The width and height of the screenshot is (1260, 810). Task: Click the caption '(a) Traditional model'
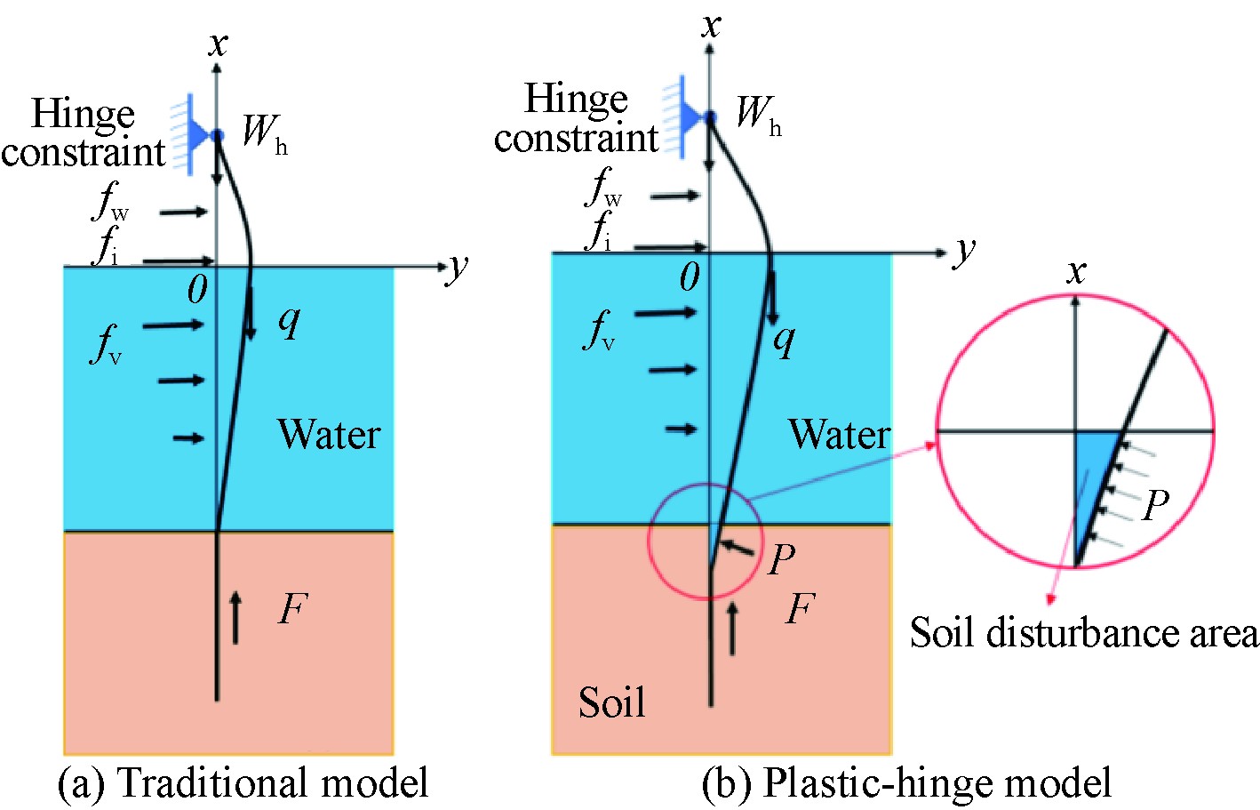[243, 783]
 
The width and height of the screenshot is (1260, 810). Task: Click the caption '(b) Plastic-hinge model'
[906, 783]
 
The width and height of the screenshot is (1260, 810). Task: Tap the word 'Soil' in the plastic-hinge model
[611, 702]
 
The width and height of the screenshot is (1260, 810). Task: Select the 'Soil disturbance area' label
[1084, 633]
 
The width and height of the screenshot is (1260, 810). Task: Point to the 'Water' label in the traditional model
[329, 435]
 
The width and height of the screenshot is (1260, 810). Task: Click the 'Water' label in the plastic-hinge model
[839, 435]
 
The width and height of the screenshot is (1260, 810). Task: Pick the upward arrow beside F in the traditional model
[235, 617]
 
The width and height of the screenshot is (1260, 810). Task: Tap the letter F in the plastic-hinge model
[800, 610]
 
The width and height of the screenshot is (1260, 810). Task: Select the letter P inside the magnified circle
[1155, 506]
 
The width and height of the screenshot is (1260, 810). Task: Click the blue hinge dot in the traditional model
[219, 135]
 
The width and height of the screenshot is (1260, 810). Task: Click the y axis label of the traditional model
[457, 266]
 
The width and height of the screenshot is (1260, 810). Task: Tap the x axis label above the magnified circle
[1076, 271]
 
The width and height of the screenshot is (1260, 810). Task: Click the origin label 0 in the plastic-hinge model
[690, 278]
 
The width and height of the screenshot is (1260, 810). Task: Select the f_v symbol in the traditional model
[106, 345]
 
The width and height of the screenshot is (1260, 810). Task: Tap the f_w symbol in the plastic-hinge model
[603, 188]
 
